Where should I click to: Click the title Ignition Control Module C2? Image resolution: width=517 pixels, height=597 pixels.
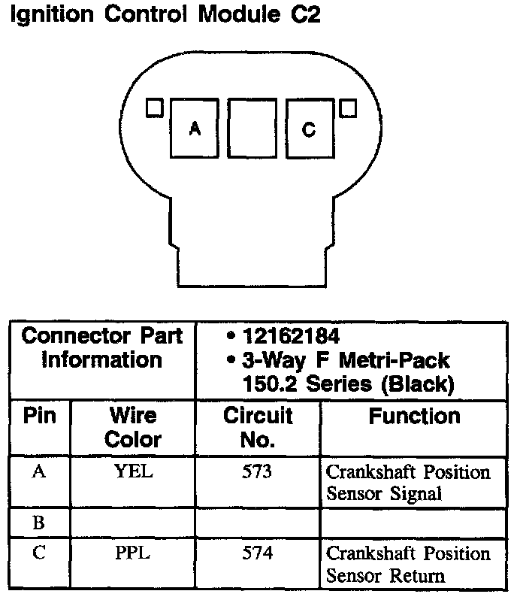point(164,16)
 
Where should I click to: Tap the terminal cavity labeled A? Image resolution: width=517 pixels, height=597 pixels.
point(195,129)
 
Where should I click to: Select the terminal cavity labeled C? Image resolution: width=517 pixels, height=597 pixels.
point(309,129)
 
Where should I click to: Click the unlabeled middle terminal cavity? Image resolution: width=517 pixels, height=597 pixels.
point(252,129)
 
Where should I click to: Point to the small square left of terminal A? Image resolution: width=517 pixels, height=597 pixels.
point(155,108)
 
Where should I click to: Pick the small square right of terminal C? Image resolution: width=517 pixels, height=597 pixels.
point(347,108)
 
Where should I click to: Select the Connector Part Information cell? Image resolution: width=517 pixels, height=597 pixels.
point(102,347)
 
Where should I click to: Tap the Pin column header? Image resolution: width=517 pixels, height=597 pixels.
point(40,417)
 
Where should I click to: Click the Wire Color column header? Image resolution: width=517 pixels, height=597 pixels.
point(133,427)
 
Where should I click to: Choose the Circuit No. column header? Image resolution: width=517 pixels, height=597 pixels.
point(258,427)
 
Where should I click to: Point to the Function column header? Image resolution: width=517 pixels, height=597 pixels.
point(414,417)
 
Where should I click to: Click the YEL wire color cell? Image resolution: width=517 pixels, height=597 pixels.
point(133,472)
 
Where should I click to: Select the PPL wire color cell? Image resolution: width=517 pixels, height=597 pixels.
point(133,554)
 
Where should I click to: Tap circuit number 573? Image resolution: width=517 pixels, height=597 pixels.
point(258,472)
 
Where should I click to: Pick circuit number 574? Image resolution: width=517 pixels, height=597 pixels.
point(258,554)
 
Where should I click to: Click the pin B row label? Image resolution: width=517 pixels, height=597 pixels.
point(39,520)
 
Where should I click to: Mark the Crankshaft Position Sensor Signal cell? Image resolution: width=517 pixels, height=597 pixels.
point(407,483)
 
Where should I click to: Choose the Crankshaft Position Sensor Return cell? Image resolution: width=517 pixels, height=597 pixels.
point(407,565)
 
